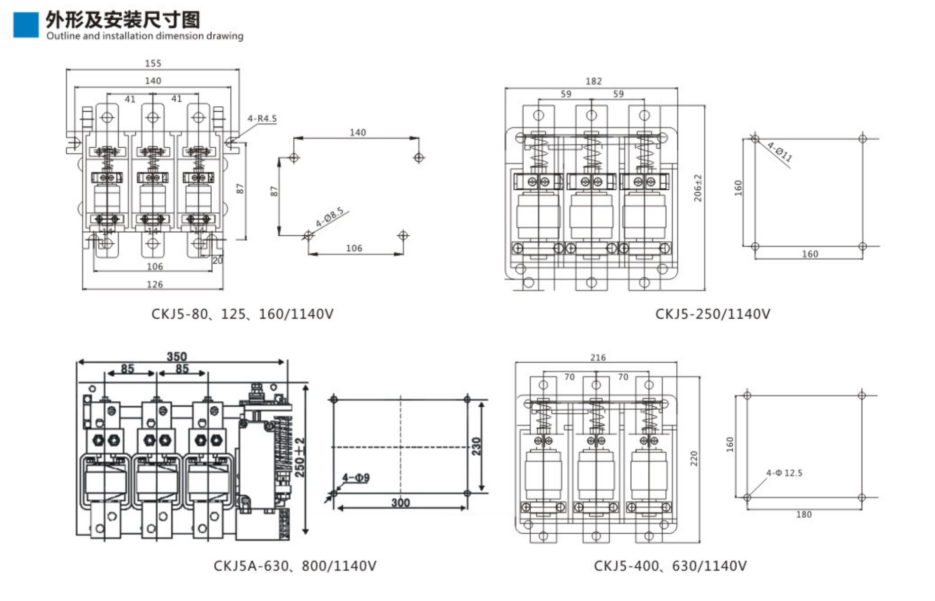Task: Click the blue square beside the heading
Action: click(25, 25)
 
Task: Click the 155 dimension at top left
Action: click(153, 63)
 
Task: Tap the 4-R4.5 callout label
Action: click(262, 118)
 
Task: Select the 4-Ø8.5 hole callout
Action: click(330, 217)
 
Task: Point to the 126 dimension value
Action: click(155, 284)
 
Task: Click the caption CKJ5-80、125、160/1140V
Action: click(243, 314)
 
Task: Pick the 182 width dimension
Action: click(593, 81)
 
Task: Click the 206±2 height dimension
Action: click(698, 188)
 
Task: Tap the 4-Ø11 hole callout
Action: click(779, 152)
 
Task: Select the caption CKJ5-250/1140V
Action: click(713, 314)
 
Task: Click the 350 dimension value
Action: click(177, 357)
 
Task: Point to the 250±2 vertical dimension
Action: click(300, 457)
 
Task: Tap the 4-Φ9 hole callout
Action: click(356, 478)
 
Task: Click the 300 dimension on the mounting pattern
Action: click(400, 502)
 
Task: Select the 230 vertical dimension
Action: click(476, 446)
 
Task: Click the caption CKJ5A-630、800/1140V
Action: click(295, 566)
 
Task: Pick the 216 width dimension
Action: click(598, 358)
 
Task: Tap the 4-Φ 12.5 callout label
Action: click(784, 473)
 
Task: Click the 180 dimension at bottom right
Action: click(804, 514)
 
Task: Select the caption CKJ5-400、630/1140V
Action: click(670, 566)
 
